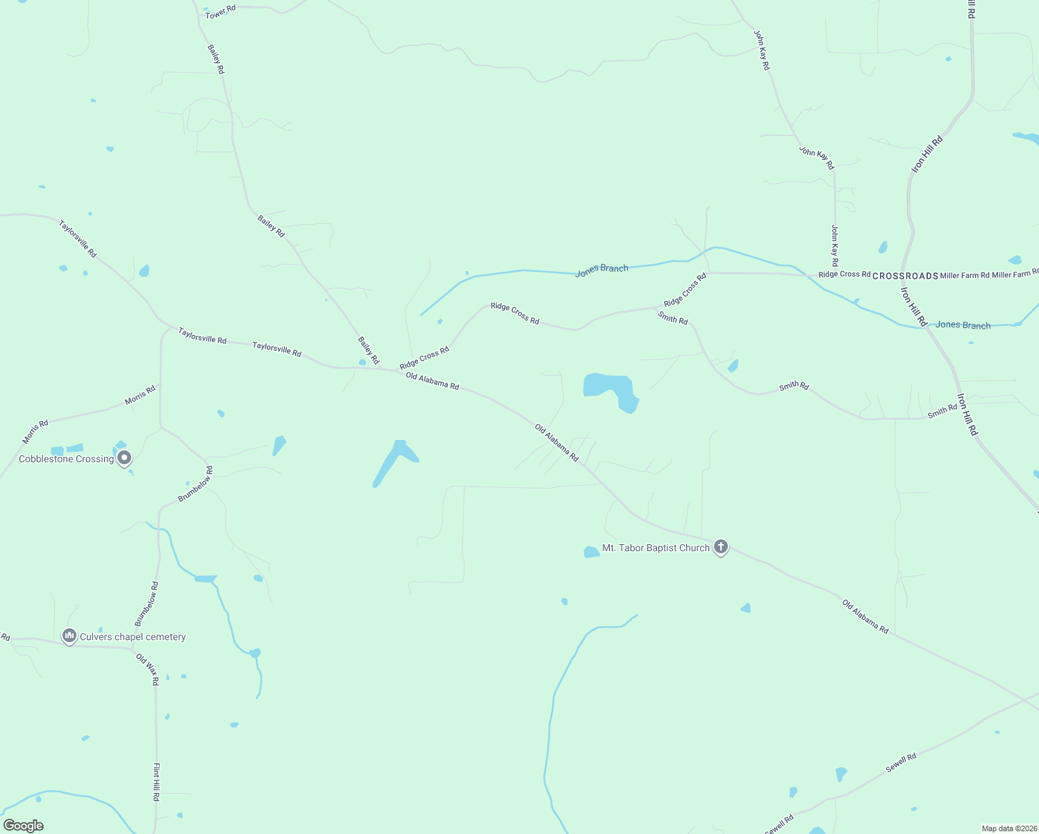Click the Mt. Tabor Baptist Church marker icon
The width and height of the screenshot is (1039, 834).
coord(721,547)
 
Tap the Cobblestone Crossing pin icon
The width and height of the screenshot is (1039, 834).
coord(124,458)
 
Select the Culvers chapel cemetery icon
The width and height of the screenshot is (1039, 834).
coord(69,636)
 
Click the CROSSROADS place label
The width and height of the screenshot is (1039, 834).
coord(905,276)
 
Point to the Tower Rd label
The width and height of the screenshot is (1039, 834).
coord(220,12)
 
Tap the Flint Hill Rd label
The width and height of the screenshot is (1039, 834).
coord(156,782)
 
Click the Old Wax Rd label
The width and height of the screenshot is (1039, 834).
coord(147,669)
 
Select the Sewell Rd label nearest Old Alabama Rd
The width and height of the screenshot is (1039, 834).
coord(901,762)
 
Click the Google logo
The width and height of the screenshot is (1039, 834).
coord(24,826)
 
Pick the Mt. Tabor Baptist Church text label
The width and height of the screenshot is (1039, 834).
coord(656,548)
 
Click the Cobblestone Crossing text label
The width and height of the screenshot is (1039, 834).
coord(66,459)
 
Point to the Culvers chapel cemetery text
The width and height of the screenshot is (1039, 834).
coord(133,637)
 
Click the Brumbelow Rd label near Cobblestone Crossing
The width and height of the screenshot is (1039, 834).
coord(195,484)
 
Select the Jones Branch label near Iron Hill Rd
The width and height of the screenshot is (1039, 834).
coord(963,325)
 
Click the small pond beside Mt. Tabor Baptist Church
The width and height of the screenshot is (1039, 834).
coord(591,553)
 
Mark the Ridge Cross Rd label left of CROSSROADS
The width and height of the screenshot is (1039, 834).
coord(844,275)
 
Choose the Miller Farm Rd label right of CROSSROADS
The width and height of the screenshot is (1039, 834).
coord(964,275)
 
